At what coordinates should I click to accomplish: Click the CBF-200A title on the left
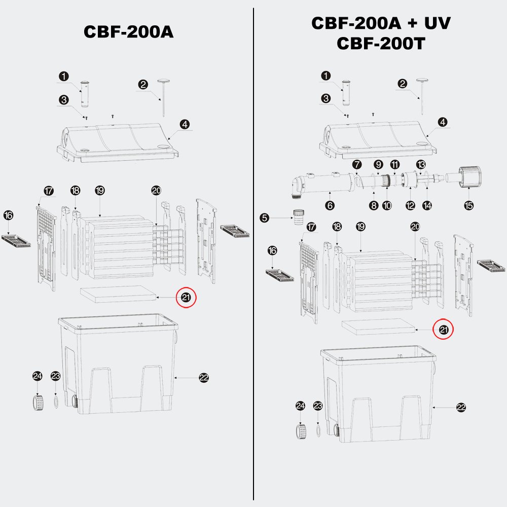point(129,31)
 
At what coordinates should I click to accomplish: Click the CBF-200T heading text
point(381,43)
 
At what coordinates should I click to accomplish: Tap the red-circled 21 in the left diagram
point(186,297)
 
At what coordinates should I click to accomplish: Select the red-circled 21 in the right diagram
point(443,330)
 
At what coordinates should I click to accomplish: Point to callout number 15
point(469,205)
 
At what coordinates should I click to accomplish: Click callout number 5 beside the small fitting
point(265,218)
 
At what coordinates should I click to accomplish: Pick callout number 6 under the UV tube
point(330,205)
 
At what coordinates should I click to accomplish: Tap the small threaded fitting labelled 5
point(299,218)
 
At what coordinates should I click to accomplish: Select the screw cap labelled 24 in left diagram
point(38,402)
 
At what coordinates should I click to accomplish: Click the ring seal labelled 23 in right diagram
point(318,430)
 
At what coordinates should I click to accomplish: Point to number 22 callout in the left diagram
point(204,378)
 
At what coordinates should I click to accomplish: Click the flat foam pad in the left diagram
point(118,294)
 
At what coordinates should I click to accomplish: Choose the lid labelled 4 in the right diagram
point(378,140)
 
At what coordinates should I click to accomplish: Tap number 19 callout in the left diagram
point(100,191)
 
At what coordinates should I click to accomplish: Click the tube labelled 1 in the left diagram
point(85,94)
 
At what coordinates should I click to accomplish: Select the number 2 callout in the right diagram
point(402,84)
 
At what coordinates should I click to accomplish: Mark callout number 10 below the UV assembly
point(387,205)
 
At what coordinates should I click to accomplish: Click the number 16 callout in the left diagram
point(9,215)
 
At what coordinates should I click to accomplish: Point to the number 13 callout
point(421,165)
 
